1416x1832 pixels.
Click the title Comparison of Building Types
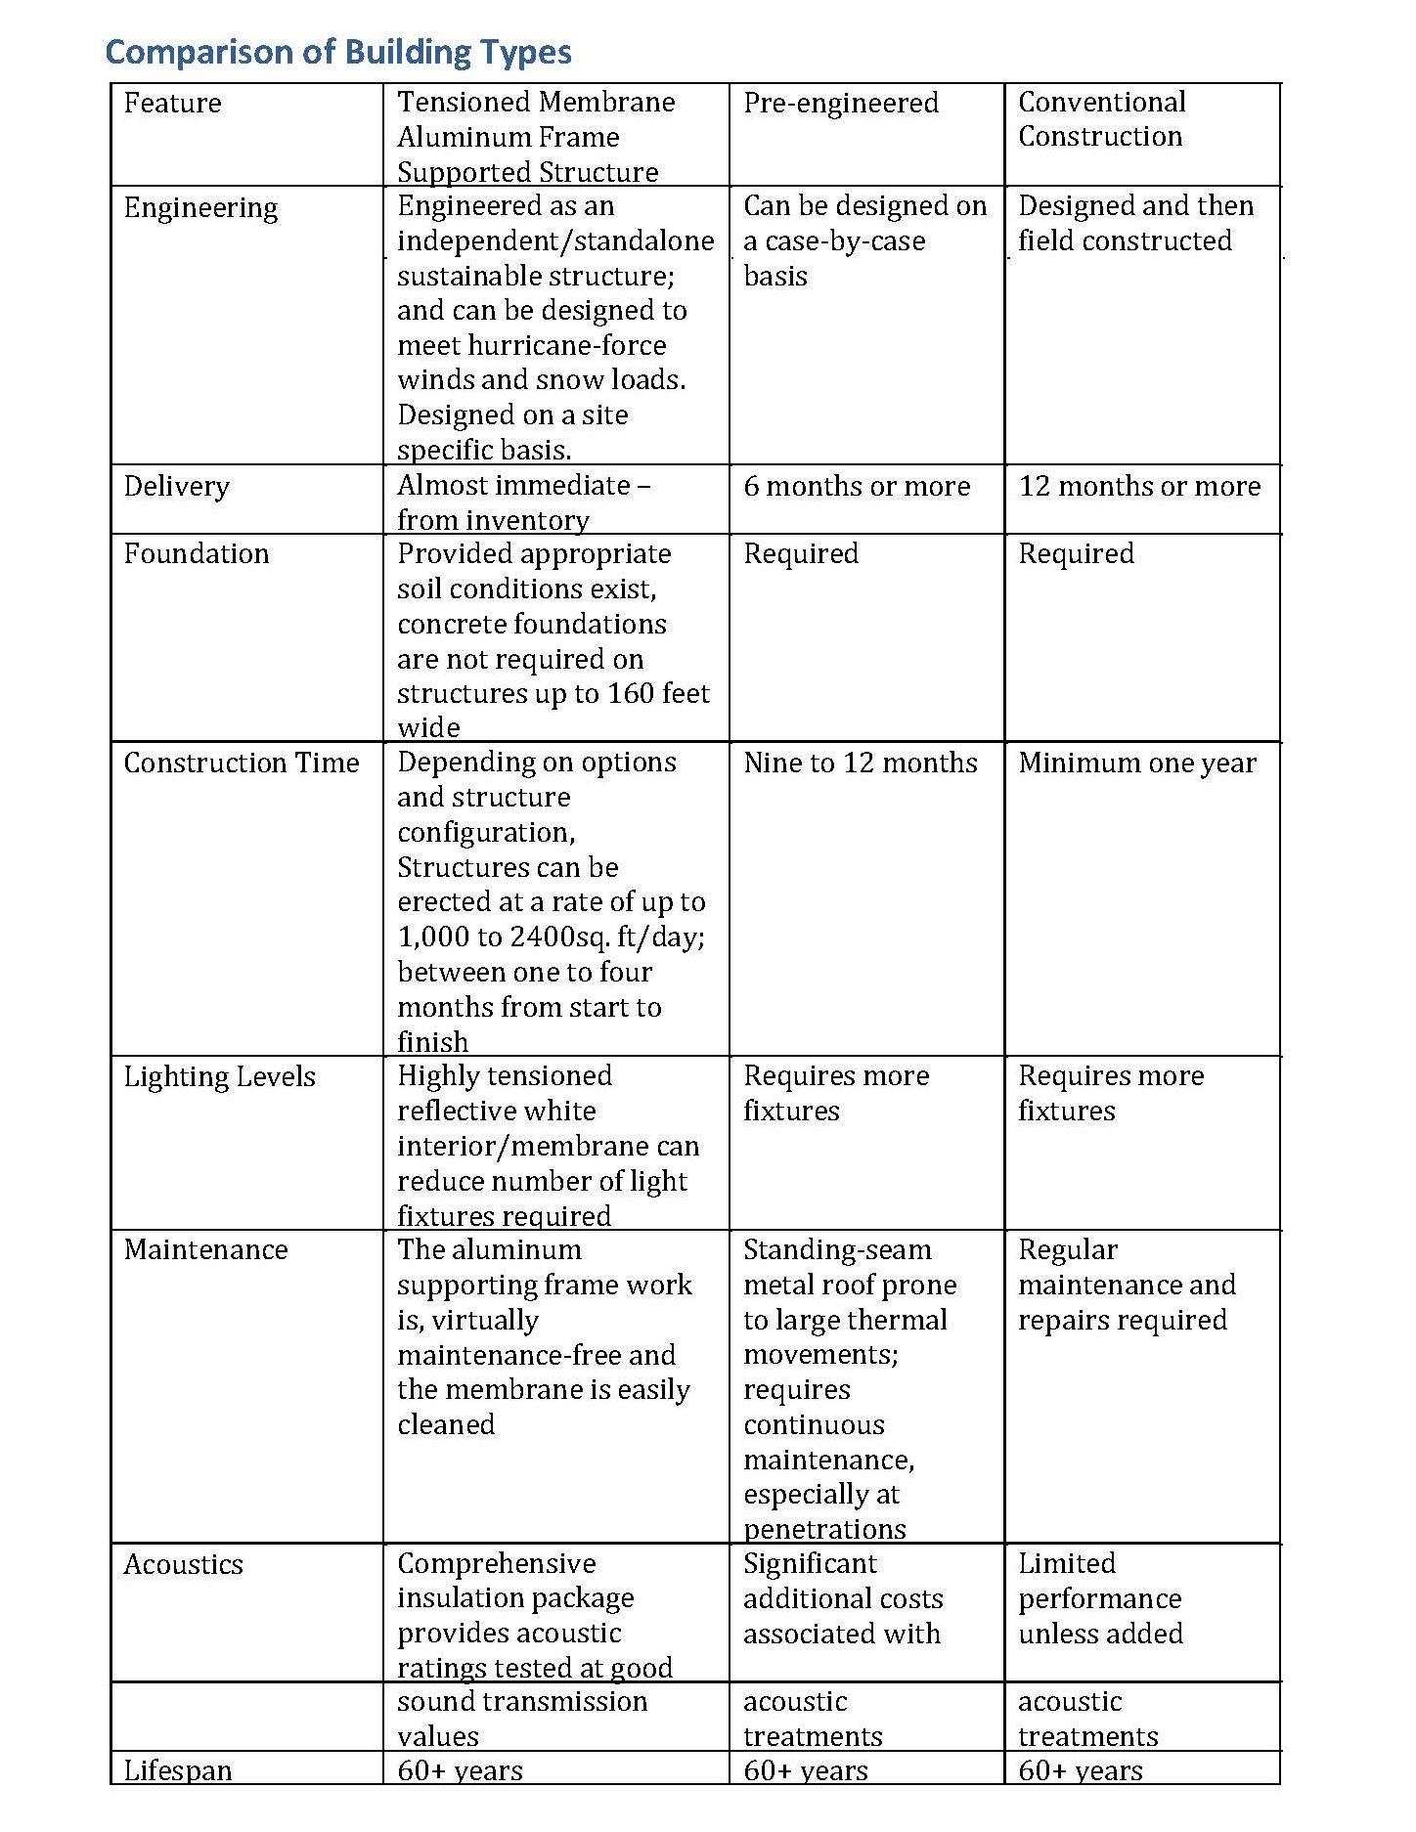coord(338,52)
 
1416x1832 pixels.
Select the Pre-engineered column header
coord(840,104)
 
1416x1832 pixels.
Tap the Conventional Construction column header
coord(1101,119)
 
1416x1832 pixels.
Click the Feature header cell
coord(172,104)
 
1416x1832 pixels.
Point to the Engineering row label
coord(200,208)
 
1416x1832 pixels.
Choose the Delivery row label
coord(176,487)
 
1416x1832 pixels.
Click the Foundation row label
coord(196,554)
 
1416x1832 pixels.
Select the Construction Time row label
coord(242,763)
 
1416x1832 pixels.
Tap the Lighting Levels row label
coord(219,1077)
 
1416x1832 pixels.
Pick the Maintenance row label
coord(205,1250)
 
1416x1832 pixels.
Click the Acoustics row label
coord(183,1565)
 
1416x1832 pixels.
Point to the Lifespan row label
coord(178,1770)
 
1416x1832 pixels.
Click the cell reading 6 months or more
coord(857,487)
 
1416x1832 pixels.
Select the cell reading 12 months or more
coord(1139,487)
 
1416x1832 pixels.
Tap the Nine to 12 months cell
coord(860,763)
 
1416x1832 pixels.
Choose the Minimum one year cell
coord(1136,763)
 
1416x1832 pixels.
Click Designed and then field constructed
coord(1134,224)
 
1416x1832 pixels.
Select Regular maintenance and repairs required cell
coord(1127,1286)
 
